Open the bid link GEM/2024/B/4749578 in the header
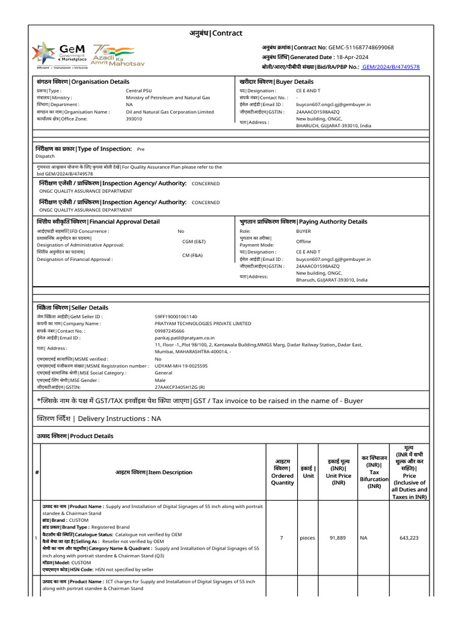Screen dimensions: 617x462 [391, 67]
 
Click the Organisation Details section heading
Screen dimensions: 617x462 [82, 81]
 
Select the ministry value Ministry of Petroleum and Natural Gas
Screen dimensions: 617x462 [168, 97]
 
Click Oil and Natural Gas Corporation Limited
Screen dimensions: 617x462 [170, 111]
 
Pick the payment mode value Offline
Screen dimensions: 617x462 [304, 242]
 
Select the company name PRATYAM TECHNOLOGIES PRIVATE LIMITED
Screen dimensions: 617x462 [203, 324]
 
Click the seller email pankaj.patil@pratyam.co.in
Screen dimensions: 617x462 [185, 337]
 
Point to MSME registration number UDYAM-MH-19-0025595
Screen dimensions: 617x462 [181, 366]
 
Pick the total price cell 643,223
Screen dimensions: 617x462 [409, 537]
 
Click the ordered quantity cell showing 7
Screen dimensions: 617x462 [282, 537]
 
